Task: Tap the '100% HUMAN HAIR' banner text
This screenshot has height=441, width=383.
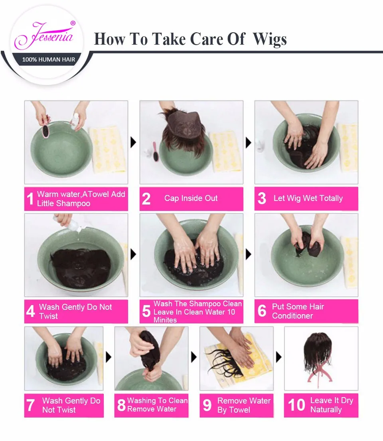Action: pyautogui.click(x=49, y=60)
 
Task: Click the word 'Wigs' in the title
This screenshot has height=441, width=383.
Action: pyautogui.click(x=270, y=39)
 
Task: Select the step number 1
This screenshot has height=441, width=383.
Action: pyautogui.click(x=30, y=199)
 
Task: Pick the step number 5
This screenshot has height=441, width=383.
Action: pyautogui.click(x=146, y=311)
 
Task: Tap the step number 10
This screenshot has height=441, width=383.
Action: pyautogui.click(x=296, y=405)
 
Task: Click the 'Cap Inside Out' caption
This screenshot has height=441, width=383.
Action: pyautogui.click(x=191, y=198)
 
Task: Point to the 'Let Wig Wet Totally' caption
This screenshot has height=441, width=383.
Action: pyautogui.click(x=308, y=198)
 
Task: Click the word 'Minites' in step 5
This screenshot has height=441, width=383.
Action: pyautogui.click(x=165, y=320)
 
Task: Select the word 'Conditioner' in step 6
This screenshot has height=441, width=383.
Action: pyautogui.click(x=292, y=316)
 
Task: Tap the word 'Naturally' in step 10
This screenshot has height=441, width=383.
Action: pyautogui.click(x=326, y=409)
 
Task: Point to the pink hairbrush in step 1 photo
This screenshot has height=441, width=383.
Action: pyautogui.click(x=45, y=130)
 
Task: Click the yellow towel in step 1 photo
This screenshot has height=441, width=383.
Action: pyautogui.click(x=107, y=150)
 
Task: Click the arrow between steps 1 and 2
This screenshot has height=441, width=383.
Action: pyautogui.click(x=133, y=142)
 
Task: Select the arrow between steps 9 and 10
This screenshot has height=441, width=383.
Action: pyautogui.click(x=278, y=357)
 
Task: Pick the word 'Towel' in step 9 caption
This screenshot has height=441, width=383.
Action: pyautogui.click(x=239, y=410)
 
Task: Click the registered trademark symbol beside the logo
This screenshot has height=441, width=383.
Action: pyautogui.click(x=73, y=24)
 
